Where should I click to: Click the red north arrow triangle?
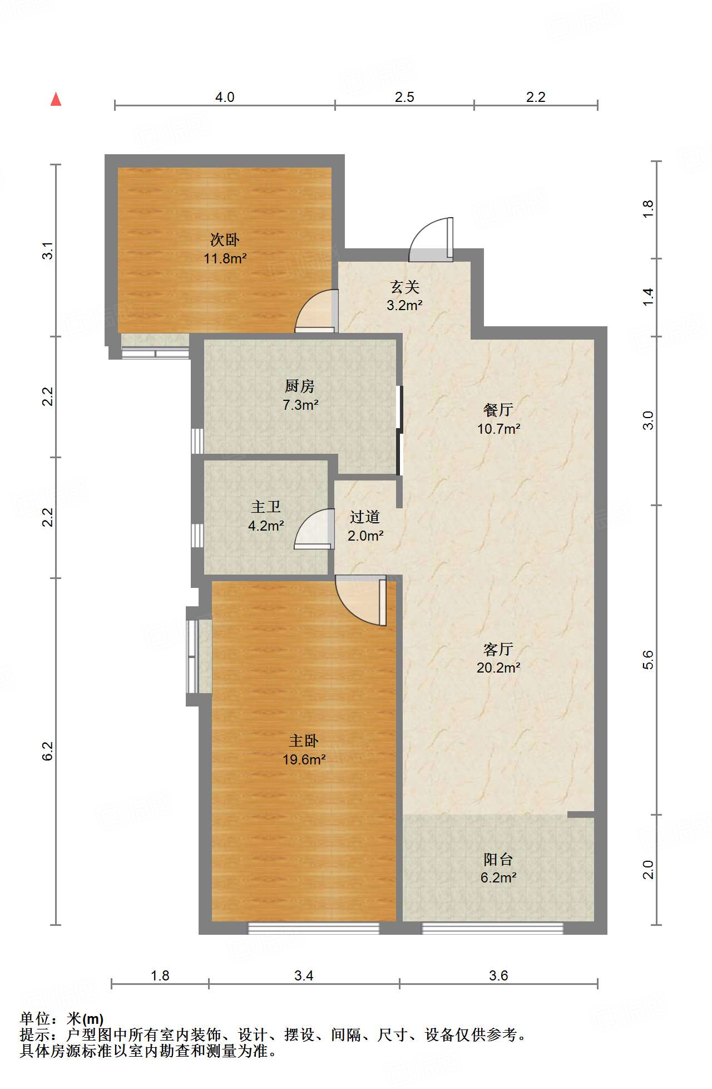click(x=56, y=99)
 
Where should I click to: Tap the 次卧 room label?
click(x=225, y=240)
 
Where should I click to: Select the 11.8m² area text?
click(x=225, y=258)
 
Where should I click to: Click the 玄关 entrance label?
click(x=404, y=287)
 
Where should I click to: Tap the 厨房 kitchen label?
click(x=300, y=386)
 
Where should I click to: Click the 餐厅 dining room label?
click(x=498, y=410)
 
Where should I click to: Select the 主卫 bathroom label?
click(x=266, y=507)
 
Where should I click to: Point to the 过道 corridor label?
click(x=365, y=517)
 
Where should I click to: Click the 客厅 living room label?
click(x=498, y=649)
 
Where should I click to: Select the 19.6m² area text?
click(x=304, y=759)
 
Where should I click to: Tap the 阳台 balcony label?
click(x=498, y=860)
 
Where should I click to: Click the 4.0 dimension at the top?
click(x=225, y=97)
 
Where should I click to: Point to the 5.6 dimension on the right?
click(x=648, y=660)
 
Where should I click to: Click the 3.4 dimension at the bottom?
click(x=304, y=975)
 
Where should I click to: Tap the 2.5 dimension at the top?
click(x=404, y=97)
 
